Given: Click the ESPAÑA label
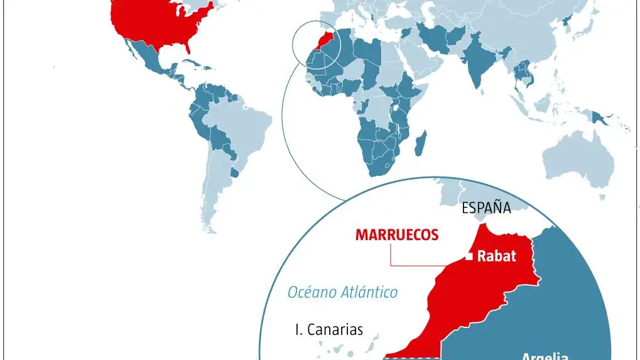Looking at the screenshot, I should coord(486,208).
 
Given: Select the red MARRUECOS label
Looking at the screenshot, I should coord(396,235).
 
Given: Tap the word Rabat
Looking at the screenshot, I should coord(496,256).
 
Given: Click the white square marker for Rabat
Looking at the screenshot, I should coord(469,256).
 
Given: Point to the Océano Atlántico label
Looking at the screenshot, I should coord(342,292).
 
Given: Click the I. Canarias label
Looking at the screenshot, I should coord(329,329).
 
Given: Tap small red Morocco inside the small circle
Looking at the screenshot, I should coord(324,41).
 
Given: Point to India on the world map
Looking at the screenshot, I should coord(475,69).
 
